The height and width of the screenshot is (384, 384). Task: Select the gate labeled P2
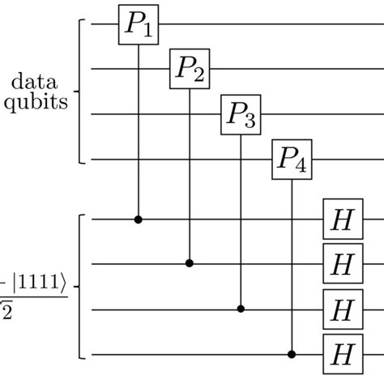pos(190,70)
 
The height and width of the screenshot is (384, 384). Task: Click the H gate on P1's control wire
pos(341,219)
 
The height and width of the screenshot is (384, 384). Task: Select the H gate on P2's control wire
pos(341,263)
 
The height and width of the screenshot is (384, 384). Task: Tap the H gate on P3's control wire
pos(341,309)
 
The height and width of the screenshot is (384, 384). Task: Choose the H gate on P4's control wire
pos(341,354)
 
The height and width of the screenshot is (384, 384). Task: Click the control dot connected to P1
pos(138,219)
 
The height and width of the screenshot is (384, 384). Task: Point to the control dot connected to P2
pos(190,263)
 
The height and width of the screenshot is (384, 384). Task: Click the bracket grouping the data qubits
pos(79,92)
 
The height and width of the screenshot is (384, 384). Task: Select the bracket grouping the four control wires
pos(79,286)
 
